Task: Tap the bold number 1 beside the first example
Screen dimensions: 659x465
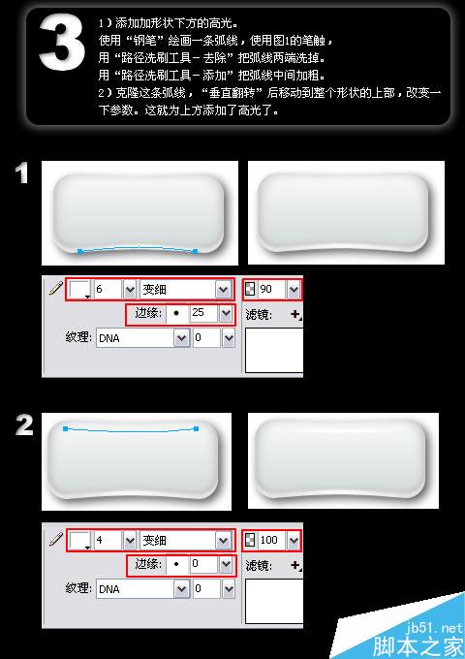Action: pos(21,174)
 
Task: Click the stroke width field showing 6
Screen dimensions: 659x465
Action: pos(106,290)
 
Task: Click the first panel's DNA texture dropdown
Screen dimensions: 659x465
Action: pos(140,338)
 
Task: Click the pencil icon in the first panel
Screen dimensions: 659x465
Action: pos(54,289)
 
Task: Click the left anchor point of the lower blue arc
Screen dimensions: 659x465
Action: pos(79,251)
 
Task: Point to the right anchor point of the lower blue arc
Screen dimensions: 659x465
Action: pos(196,251)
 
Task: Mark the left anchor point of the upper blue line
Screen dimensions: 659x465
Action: pos(65,427)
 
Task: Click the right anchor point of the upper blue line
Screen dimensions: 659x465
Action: pos(196,427)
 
